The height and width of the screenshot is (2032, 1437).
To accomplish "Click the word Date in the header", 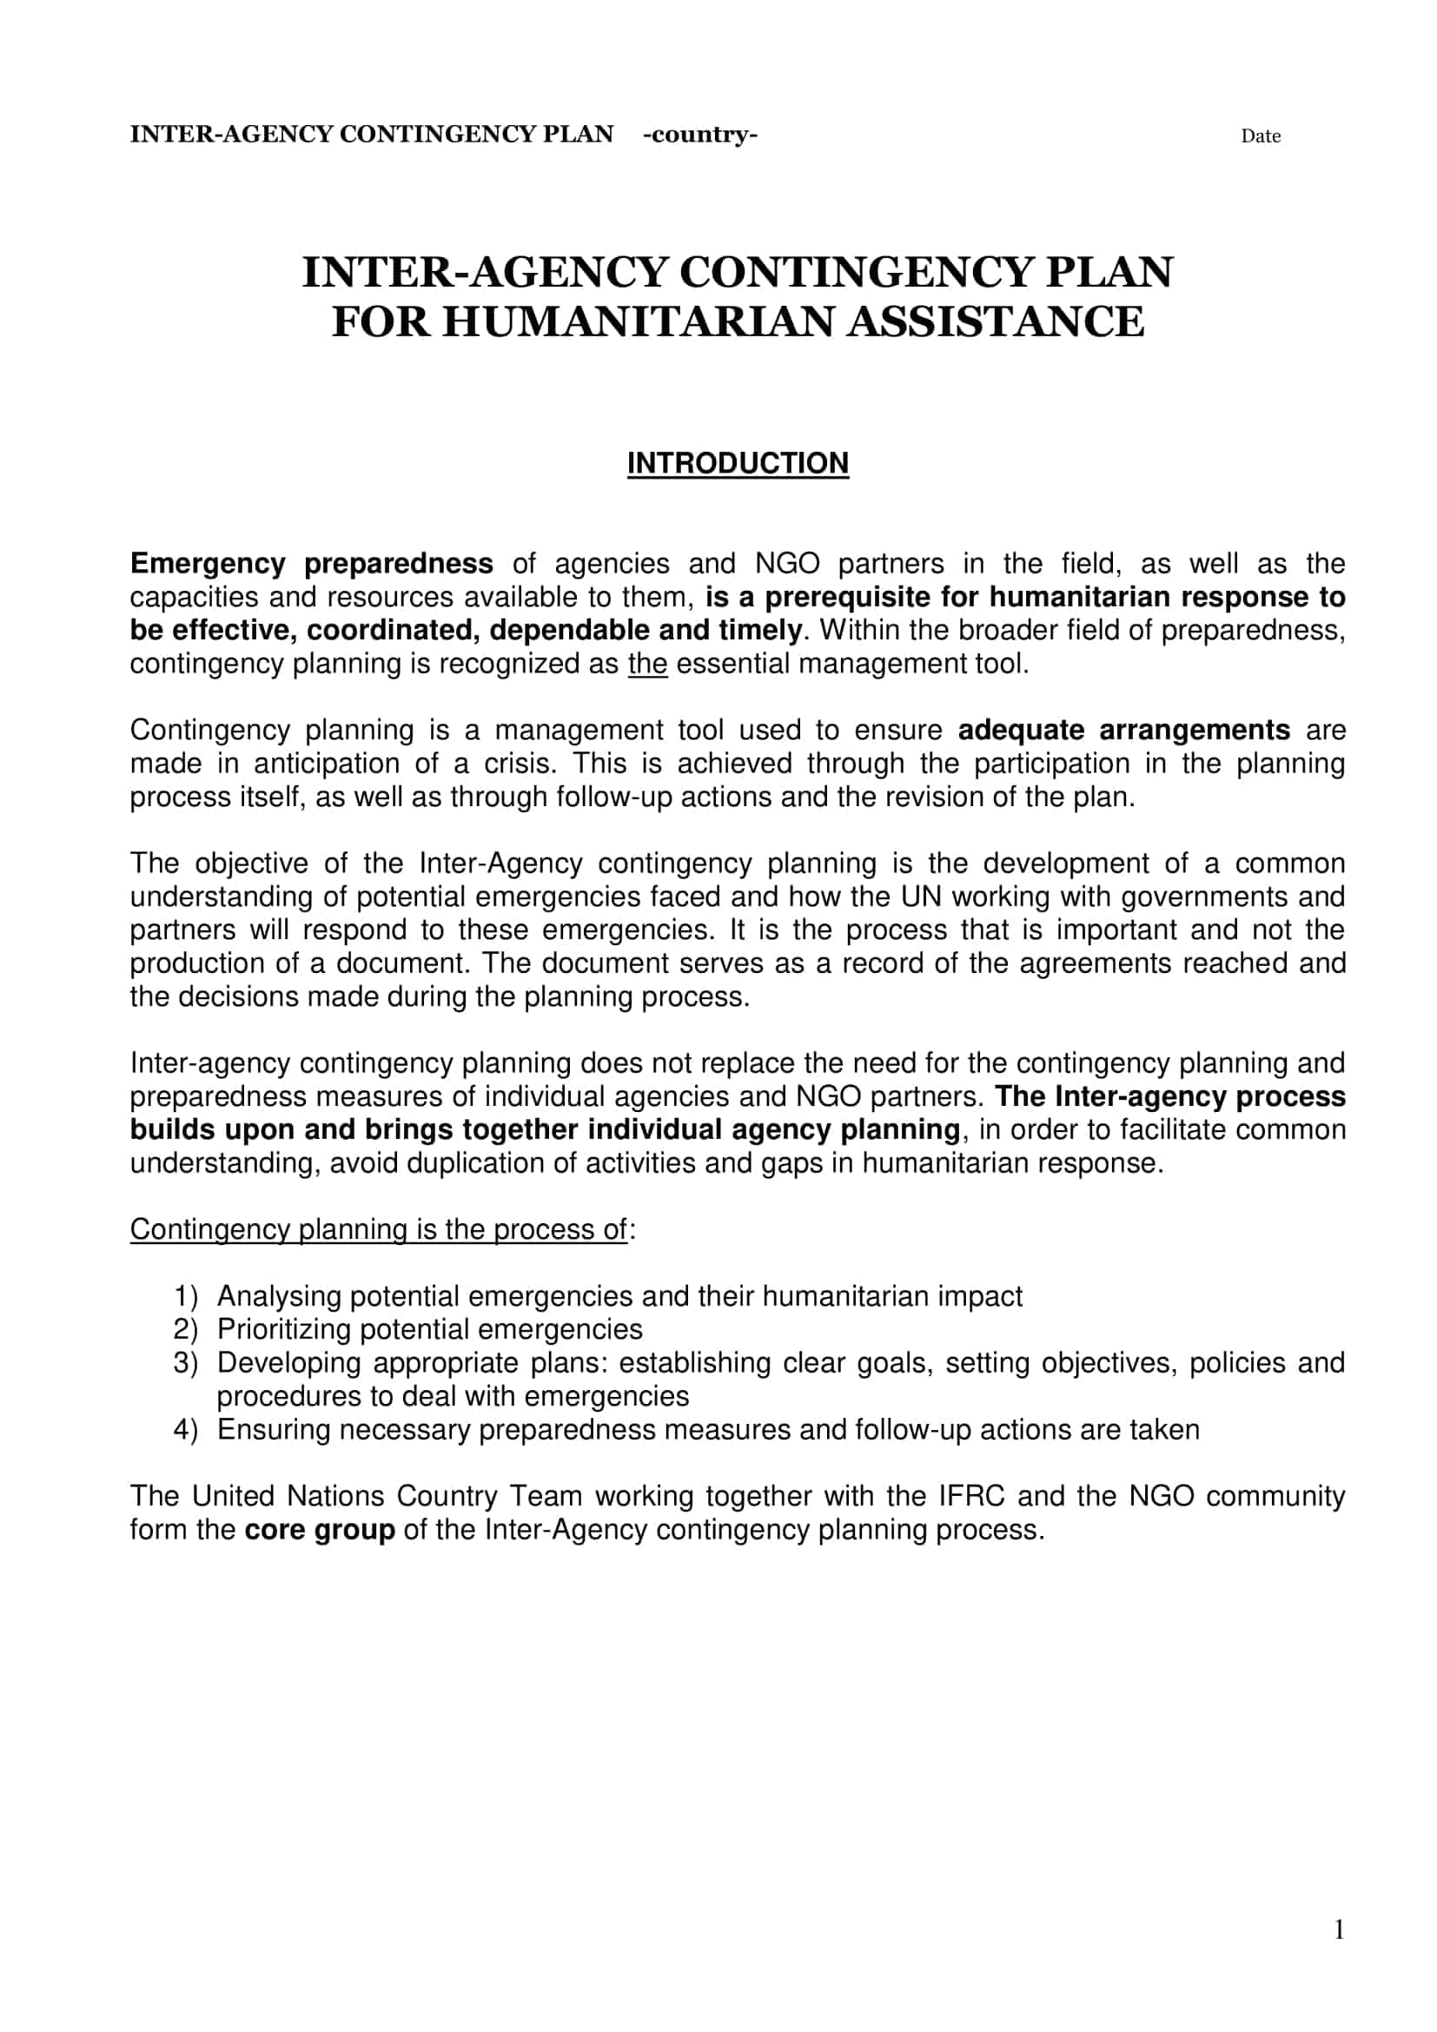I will (x=1260, y=136).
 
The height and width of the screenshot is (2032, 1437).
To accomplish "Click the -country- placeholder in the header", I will (x=700, y=135).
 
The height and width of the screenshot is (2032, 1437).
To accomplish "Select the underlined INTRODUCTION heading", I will (x=737, y=463).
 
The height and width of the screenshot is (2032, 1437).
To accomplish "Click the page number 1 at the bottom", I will (x=1339, y=1929).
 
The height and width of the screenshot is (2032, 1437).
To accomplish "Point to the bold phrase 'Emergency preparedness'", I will (x=312, y=564).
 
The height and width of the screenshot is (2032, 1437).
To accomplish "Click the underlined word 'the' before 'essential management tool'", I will (x=647, y=664).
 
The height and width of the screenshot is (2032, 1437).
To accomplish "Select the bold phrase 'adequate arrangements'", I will (x=1123, y=730).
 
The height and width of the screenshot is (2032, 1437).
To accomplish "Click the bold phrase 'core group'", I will (x=320, y=1530).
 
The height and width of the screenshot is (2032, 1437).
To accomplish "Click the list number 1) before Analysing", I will (x=186, y=1296).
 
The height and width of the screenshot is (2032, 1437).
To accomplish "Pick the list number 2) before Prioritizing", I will (x=186, y=1329).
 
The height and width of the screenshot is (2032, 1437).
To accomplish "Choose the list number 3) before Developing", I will (x=186, y=1363).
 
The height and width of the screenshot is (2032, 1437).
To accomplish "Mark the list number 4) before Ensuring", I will (x=186, y=1430).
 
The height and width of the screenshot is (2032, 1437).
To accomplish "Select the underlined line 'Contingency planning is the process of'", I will (x=379, y=1230).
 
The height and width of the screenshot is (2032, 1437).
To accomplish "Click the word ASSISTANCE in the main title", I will (x=996, y=321).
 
